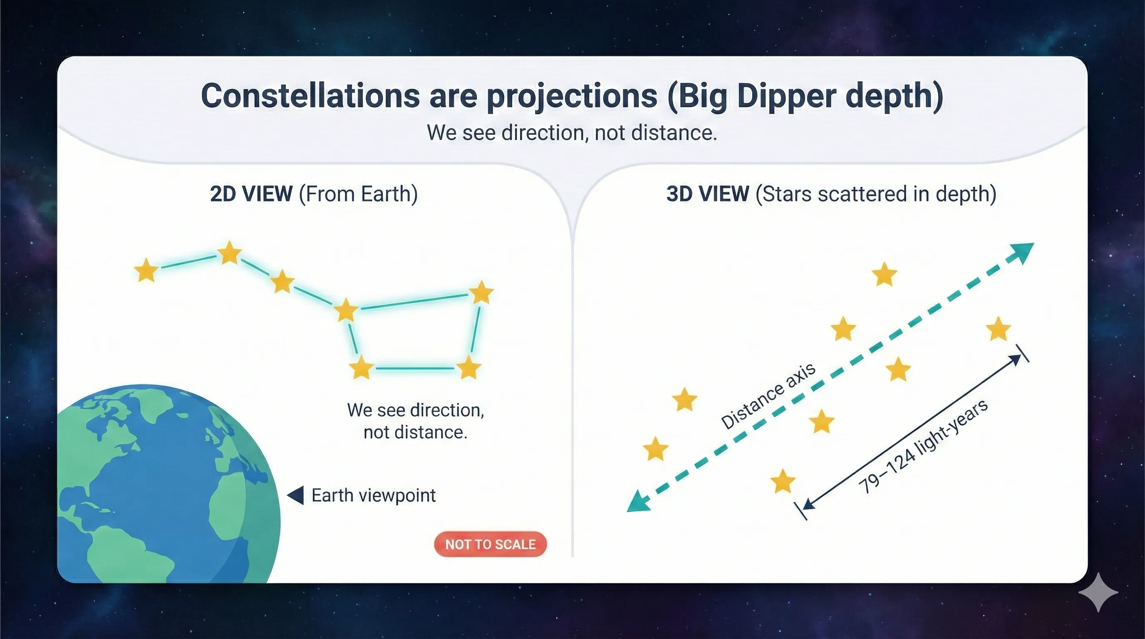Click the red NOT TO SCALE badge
490,544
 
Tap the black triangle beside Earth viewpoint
297,495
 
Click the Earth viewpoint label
373,495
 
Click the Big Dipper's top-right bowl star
481,292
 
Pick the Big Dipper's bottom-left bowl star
360,368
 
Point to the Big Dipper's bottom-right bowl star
468,368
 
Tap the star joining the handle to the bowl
346,310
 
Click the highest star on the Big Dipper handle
229,253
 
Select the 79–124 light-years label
924,446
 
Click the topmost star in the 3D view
884,274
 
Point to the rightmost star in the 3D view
998,329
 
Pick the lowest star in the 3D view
782,481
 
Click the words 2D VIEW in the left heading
251,194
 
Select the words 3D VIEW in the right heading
707,194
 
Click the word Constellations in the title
310,96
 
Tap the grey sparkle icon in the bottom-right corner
1098,592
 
